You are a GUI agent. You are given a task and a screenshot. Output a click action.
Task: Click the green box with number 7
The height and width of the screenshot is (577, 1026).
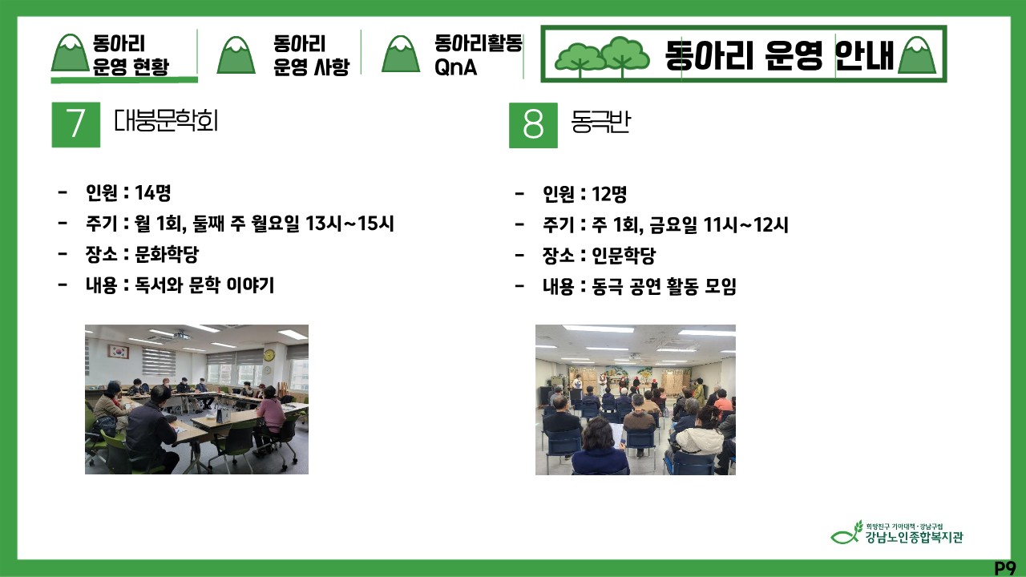click(x=76, y=124)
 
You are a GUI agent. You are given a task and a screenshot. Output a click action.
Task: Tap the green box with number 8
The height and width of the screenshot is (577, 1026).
click(x=533, y=125)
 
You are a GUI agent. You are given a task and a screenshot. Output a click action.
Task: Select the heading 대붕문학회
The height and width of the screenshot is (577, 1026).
click(x=166, y=121)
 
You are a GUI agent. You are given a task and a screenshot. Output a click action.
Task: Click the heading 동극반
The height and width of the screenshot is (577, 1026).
click(x=600, y=122)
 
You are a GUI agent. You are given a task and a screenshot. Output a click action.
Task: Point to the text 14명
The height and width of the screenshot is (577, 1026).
click(x=152, y=193)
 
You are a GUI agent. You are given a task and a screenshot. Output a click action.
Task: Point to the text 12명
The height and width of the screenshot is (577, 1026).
click(x=609, y=194)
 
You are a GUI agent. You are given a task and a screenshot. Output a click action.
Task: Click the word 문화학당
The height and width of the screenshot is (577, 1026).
click(x=167, y=254)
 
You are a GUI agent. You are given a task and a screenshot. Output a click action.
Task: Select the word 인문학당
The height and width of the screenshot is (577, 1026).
click(x=624, y=256)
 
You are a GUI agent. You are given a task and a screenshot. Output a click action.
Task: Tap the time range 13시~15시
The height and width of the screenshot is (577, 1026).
click(x=349, y=224)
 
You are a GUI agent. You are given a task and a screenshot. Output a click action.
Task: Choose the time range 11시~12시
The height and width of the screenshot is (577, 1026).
click(x=745, y=225)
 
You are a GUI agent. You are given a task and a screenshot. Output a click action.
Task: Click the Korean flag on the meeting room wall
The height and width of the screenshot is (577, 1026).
click(x=119, y=352)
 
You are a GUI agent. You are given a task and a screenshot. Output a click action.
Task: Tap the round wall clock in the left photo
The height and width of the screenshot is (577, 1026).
click(x=269, y=355)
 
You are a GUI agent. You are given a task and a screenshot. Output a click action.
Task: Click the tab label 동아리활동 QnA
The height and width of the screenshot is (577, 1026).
click(x=479, y=55)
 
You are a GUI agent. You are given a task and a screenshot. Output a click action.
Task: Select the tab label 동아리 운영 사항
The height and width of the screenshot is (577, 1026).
click(x=312, y=55)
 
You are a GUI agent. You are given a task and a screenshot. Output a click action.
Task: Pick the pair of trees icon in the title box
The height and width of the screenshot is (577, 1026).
click(x=602, y=57)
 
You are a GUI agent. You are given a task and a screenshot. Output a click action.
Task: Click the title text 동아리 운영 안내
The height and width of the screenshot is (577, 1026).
click(x=779, y=55)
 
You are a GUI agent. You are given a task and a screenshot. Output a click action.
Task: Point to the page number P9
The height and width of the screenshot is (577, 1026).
click(x=1005, y=568)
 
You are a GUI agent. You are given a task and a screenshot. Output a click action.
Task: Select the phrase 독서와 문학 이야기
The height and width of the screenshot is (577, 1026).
click(x=204, y=285)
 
